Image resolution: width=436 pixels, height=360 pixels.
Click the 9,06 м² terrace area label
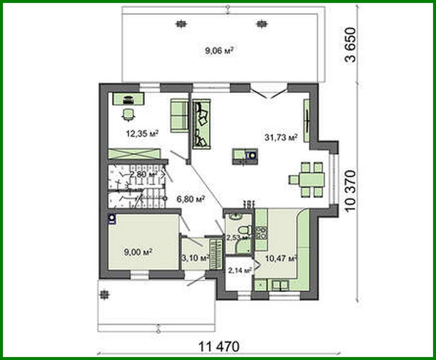(219, 50)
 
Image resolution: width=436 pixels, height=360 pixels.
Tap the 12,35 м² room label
(142, 133)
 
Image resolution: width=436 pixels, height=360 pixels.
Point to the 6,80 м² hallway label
(191, 199)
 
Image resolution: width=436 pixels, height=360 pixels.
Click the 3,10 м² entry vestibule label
(195, 258)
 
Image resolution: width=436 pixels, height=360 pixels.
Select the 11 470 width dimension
(219, 346)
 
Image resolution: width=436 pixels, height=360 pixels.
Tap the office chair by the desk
(128, 114)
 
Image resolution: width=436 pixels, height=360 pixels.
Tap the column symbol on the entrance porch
(104, 295)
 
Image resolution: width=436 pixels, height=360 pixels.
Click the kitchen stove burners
(262, 232)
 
